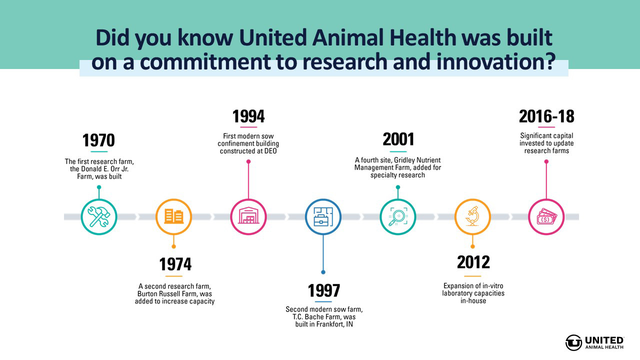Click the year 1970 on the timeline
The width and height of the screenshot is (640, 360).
98,140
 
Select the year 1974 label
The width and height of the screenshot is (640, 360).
175,264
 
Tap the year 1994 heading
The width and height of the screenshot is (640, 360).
248,116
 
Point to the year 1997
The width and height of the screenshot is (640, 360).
323,290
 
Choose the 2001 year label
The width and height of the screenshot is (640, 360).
398,139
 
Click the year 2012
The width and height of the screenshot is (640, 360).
473,262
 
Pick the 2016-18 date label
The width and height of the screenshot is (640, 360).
546,116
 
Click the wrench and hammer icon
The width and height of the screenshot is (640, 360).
99,217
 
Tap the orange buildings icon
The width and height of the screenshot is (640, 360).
173,216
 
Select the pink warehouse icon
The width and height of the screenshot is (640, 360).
248,215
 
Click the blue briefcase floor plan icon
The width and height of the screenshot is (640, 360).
323,217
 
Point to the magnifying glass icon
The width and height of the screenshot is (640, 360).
398,217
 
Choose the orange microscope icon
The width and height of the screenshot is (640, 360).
472,216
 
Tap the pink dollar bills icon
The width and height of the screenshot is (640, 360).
546,217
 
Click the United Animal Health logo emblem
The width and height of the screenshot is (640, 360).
573,342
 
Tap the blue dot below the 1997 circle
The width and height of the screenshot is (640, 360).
323,272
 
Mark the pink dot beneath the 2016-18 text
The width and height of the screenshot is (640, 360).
546,161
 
